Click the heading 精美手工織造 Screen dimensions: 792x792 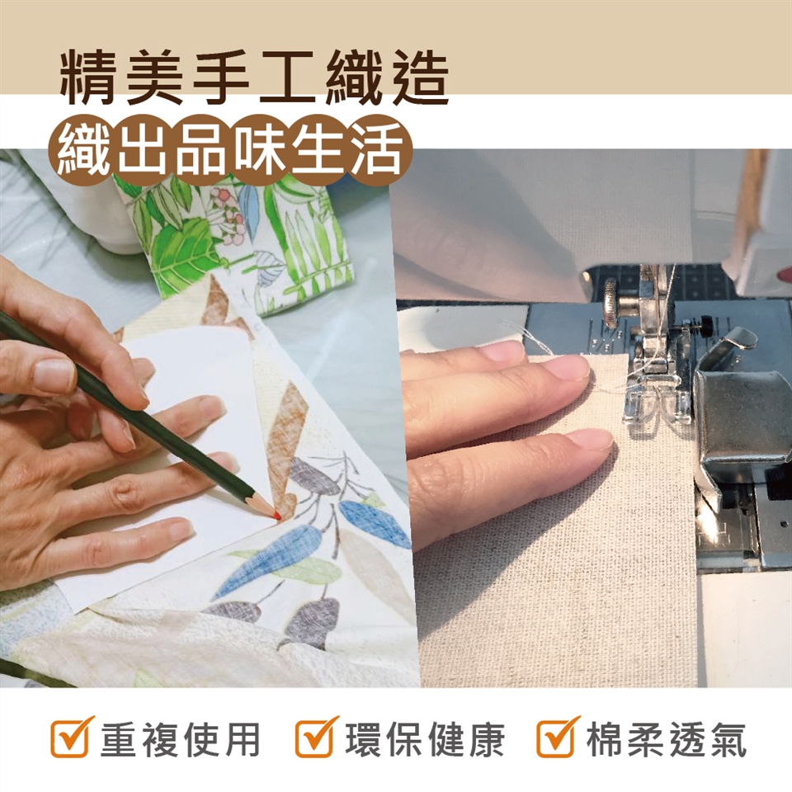click(x=255, y=78)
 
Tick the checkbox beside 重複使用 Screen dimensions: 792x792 click(x=71, y=738)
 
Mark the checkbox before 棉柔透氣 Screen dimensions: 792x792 click(x=557, y=738)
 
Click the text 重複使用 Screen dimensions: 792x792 click(x=181, y=739)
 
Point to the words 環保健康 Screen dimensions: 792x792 click(x=425, y=739)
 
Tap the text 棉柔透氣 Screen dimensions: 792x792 click(x=667, y=739)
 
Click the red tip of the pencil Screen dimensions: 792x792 click(x=276, y=516)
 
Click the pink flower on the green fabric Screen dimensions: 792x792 click(x=222, y=196)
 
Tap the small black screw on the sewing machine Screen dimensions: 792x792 click(x=705, y=321)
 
